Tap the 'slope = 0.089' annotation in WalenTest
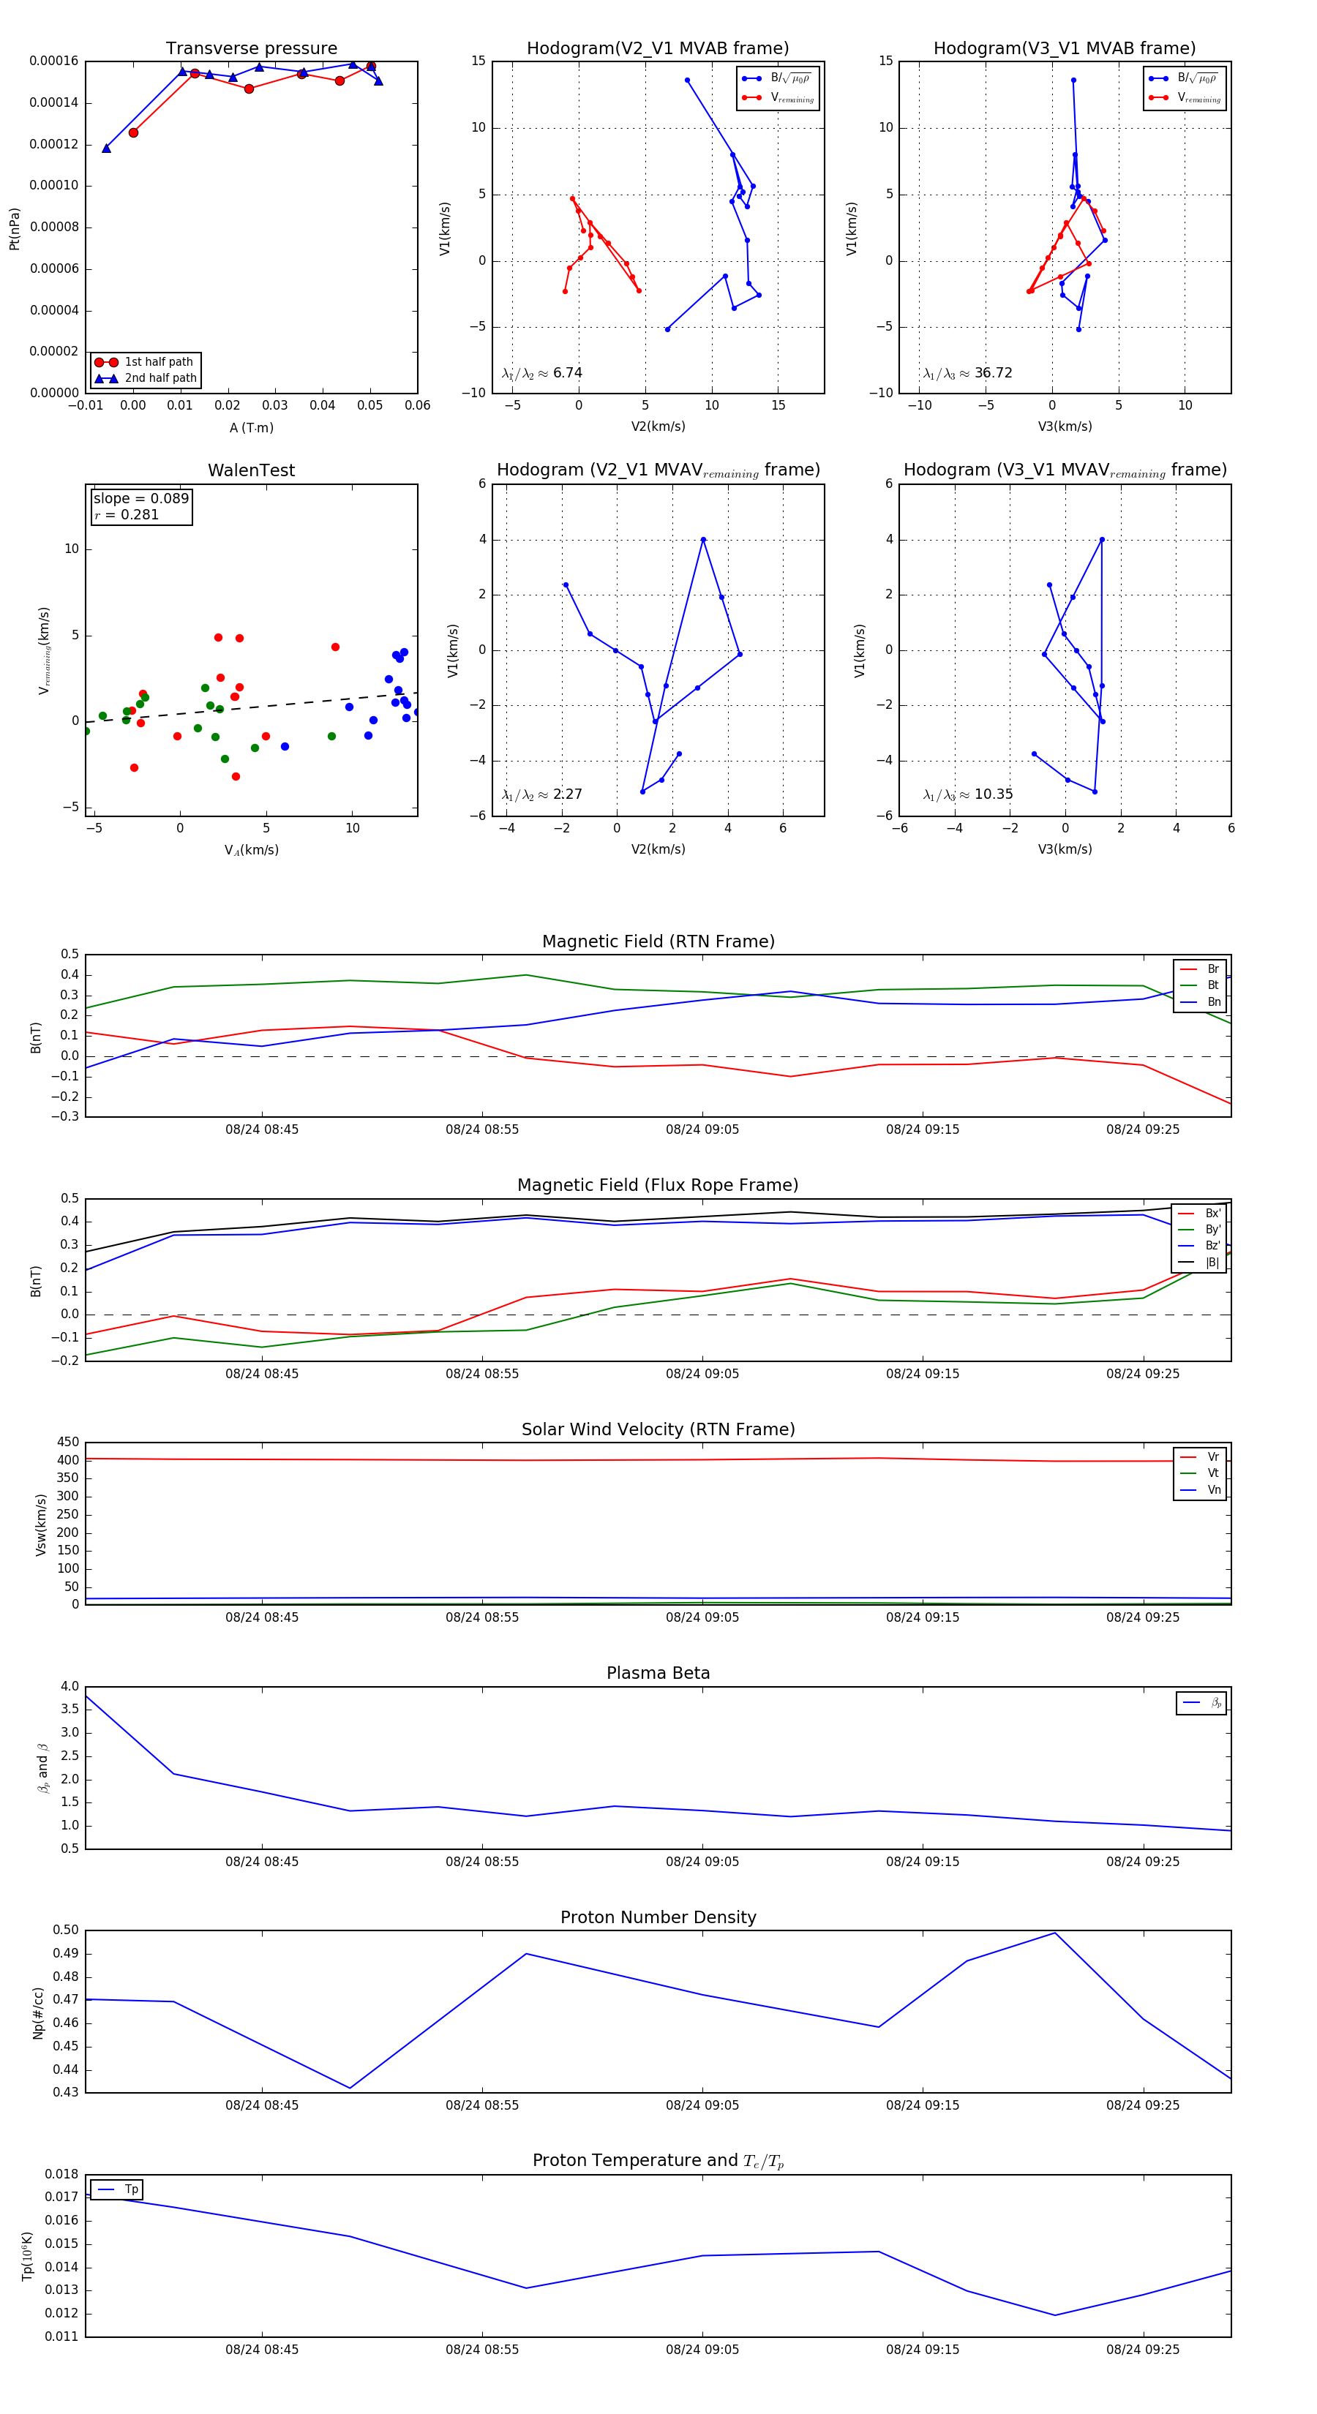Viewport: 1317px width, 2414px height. pos(140,499)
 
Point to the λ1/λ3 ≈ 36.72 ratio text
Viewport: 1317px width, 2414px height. pos(967,373)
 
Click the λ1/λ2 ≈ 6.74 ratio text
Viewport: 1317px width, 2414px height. pos(541,373)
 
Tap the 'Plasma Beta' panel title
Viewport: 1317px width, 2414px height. pos(658,1674)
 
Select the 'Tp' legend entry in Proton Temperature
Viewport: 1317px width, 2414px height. pos(130,2190)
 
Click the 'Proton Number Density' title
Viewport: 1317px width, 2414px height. pos(658,1917)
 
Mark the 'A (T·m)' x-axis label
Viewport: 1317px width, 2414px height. pos(251,428)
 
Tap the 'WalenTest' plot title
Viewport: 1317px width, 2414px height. pos(251,470)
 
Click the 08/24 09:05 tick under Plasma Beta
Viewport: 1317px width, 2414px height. pos(702,1862)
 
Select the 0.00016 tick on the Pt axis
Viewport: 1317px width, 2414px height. pos(53,61)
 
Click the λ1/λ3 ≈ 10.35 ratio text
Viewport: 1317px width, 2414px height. pos(967,794)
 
